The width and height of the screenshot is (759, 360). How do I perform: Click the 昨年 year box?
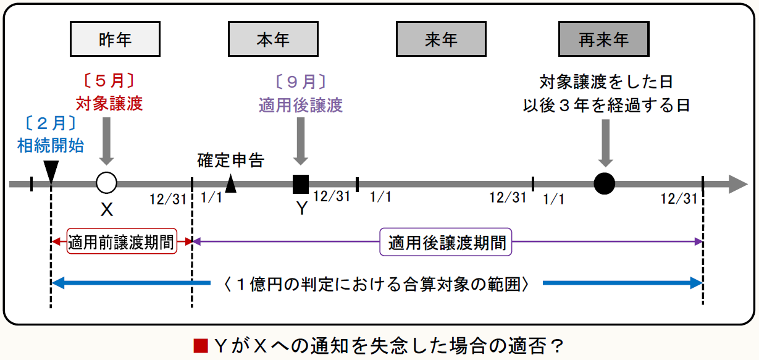point(115,40)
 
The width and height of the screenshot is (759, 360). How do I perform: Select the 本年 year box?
point(273,40)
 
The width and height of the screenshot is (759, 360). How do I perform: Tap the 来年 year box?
point(441,40)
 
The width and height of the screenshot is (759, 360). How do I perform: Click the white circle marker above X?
point(107,183)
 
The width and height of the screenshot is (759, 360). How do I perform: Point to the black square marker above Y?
point(301,183)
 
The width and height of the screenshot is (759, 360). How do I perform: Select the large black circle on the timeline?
point(605,183)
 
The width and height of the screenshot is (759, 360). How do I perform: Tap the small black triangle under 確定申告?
point(231,183)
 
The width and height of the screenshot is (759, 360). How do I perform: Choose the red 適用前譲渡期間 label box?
point(122,243)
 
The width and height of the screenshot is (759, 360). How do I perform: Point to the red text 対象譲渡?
point(109,103)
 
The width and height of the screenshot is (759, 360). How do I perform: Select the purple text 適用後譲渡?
point(301,105)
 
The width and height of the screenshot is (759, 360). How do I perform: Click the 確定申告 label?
point(231,161)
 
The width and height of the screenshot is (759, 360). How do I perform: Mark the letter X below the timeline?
point(107,210)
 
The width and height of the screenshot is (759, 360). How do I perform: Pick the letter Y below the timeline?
point(301,209)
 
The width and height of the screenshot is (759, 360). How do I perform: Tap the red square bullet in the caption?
point(201,345)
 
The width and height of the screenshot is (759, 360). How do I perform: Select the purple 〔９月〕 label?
point(301,82)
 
